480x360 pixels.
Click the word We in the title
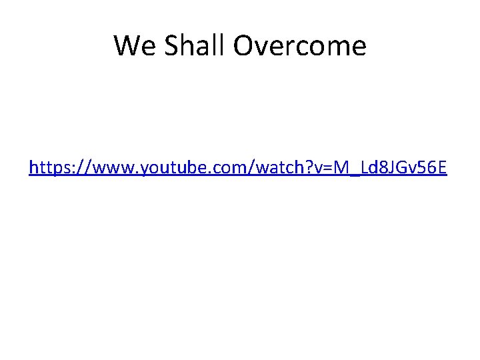click(x=130, y=46)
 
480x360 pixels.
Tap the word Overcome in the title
click(x=299, y=46)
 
